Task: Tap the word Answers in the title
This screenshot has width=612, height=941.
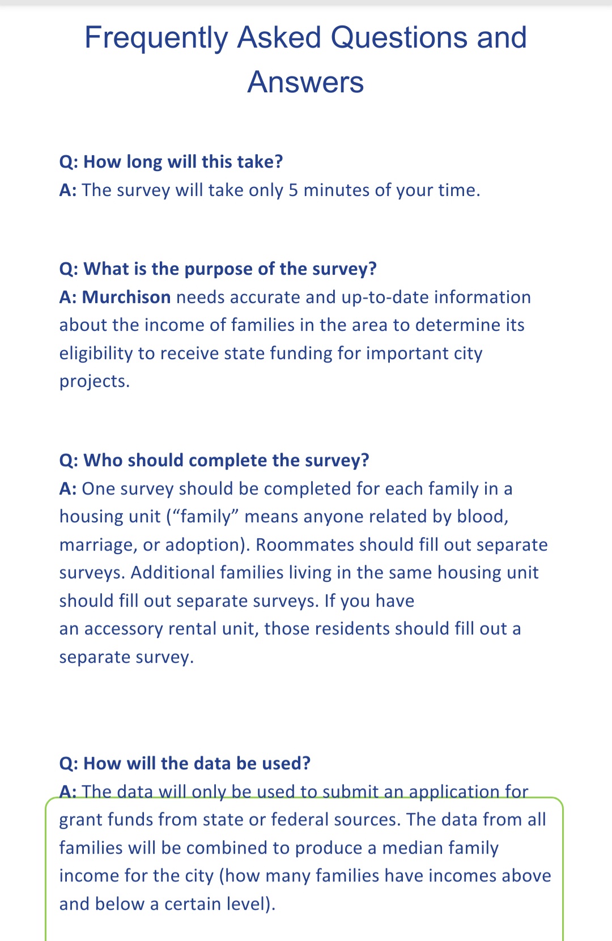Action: tap(305, 83)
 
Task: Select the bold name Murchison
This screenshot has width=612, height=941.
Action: tap(126, 297)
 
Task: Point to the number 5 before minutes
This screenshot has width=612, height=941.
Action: tap(293, 190)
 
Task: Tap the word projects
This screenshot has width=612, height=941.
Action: tap(94, 381)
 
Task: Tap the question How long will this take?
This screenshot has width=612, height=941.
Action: tap(171, 162)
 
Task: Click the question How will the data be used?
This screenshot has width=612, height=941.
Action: tap(185, 764)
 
